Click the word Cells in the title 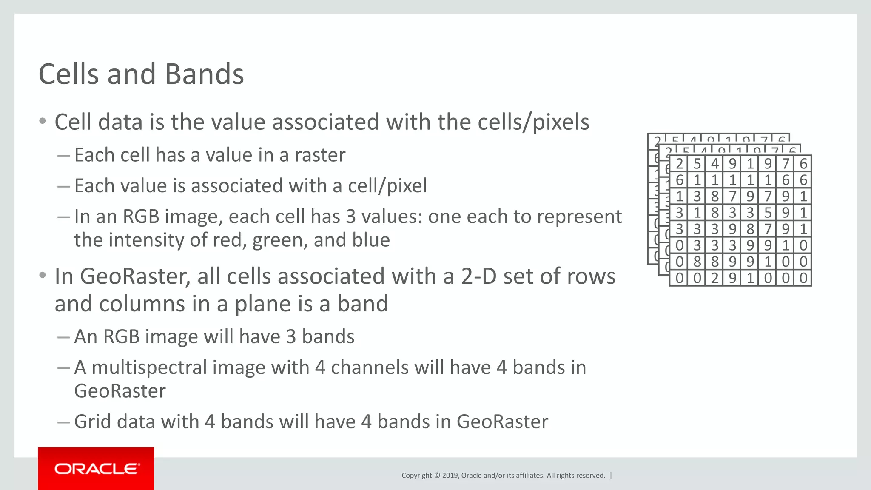pyautogui.click(x=68, y=74)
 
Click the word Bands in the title pyautogui.click(x=204, y=74)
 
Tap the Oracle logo pyautogui.click(x=96, y=469)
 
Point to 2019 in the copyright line pyautogui.click(x=450, y=476)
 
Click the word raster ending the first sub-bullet pyautogui.click(x=320, y=155)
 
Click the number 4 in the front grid pyautogui.click(x=715, y=164)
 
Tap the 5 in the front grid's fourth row pyautogui.click(x=768, y=213)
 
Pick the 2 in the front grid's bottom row pyautogui.click(x=715, y=278)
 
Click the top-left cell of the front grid pyautogui.click(x=680, y=164)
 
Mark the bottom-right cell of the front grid pyautogui.click(x=803, y=278)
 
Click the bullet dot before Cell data pyautogui.click(x=42, y=122)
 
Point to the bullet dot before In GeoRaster pyautogui.click(x=42, y=276)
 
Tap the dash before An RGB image pyautogui.click(x=63, y=337)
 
